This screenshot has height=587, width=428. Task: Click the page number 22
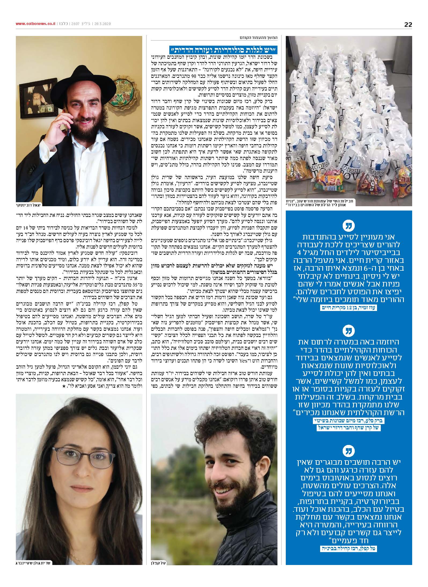tap(408, 24)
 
